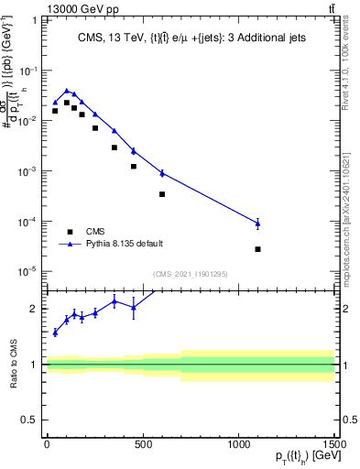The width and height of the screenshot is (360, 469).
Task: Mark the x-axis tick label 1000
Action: click(x=238, y=446)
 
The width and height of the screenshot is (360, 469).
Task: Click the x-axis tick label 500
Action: click(x=142, y=446)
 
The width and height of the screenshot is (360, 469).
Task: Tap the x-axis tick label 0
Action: click(x=47, y=446)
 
